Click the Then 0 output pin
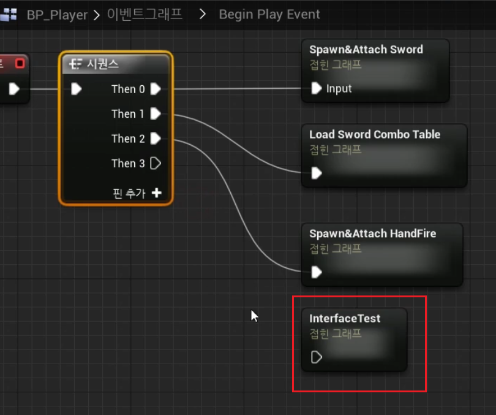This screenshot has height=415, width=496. click(x=156, y=89)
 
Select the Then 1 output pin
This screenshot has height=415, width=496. click(x=156, y=113)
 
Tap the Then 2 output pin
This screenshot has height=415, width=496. click(x=156, y=139)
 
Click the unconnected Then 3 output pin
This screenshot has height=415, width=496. click(x=156, y=163)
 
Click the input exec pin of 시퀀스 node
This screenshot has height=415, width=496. click(x=76, y=89)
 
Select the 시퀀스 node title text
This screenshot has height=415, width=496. click(x=102, y=64)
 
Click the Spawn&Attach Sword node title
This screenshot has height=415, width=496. click(x=366, y=50)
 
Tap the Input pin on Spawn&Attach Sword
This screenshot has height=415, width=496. click(x=317, y=88)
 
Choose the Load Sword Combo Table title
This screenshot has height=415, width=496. click(x=375, y=134)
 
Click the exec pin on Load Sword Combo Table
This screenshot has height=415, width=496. click(x=317, y=173)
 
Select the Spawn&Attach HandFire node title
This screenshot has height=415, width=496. click(x=372, y=234)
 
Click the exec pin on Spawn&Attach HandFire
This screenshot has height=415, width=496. click(x=317, y=272)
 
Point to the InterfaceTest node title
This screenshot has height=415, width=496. click(x=345, y=318)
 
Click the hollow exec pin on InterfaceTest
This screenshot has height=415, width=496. click(x=317, y=357)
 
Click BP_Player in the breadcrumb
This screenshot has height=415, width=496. click(x=57, y=14)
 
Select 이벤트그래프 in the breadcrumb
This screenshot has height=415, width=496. click(x=145, y=14)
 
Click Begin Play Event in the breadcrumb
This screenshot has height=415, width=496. click(x=269, y=14)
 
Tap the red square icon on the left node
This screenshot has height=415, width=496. click(x=20, y=63)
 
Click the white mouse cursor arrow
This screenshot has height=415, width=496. click(x=254, y=316)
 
